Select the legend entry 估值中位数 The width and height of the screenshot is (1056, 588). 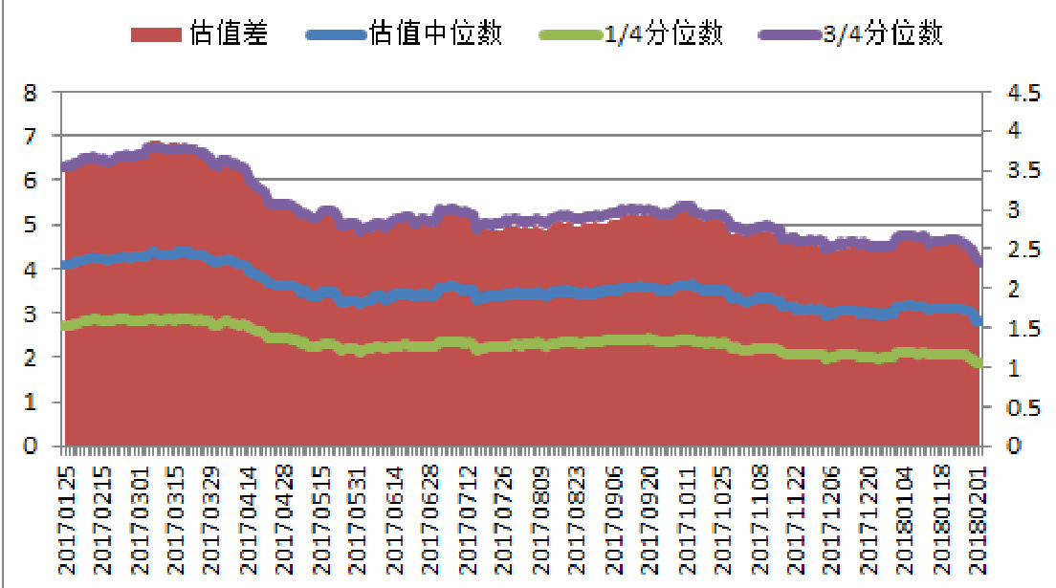(x=435, y=35)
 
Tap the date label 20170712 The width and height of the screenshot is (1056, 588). (x=468, y=521)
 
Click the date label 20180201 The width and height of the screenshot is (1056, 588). (x=978, y=521)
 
